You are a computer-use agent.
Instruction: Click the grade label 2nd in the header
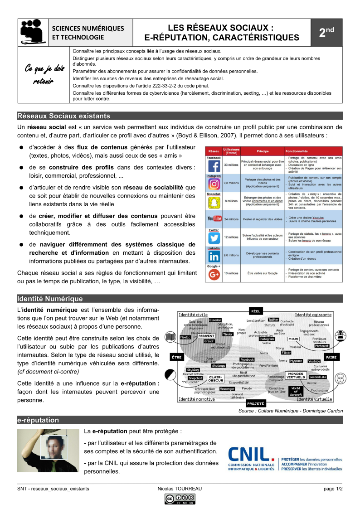(326, 33)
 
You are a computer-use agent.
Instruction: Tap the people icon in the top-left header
(33, 32)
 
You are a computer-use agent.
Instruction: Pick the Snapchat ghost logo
(214, 202)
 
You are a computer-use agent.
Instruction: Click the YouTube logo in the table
(214, 219)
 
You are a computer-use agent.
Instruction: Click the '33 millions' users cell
(231, 165)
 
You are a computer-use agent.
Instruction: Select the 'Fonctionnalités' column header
(297, 151)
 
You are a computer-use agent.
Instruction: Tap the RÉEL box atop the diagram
(255, 310)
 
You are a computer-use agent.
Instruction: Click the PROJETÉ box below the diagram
(255, 403)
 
